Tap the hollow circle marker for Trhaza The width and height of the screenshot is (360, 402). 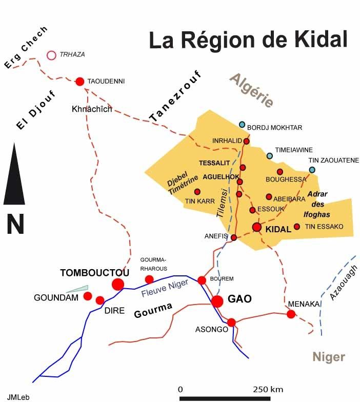click(51, 55)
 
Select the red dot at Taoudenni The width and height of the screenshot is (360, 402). click(80, 81)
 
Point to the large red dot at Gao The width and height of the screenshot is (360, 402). click(217, 301)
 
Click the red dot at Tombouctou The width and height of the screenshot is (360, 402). click(118, 284)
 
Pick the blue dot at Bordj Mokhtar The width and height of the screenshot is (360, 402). click(242, 124)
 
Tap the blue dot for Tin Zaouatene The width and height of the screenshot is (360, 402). click(312, 169)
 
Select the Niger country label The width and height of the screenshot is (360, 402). click(329, 357)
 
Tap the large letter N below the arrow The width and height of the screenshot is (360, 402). click(15, 224)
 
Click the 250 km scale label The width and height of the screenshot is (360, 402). click(269, 388)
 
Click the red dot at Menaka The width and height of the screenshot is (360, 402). click(291, 314)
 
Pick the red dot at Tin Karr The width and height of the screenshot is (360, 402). click(197, 191)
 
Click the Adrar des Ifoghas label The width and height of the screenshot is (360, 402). click(321, 204)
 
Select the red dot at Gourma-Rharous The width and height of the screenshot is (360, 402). click(149, 279)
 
